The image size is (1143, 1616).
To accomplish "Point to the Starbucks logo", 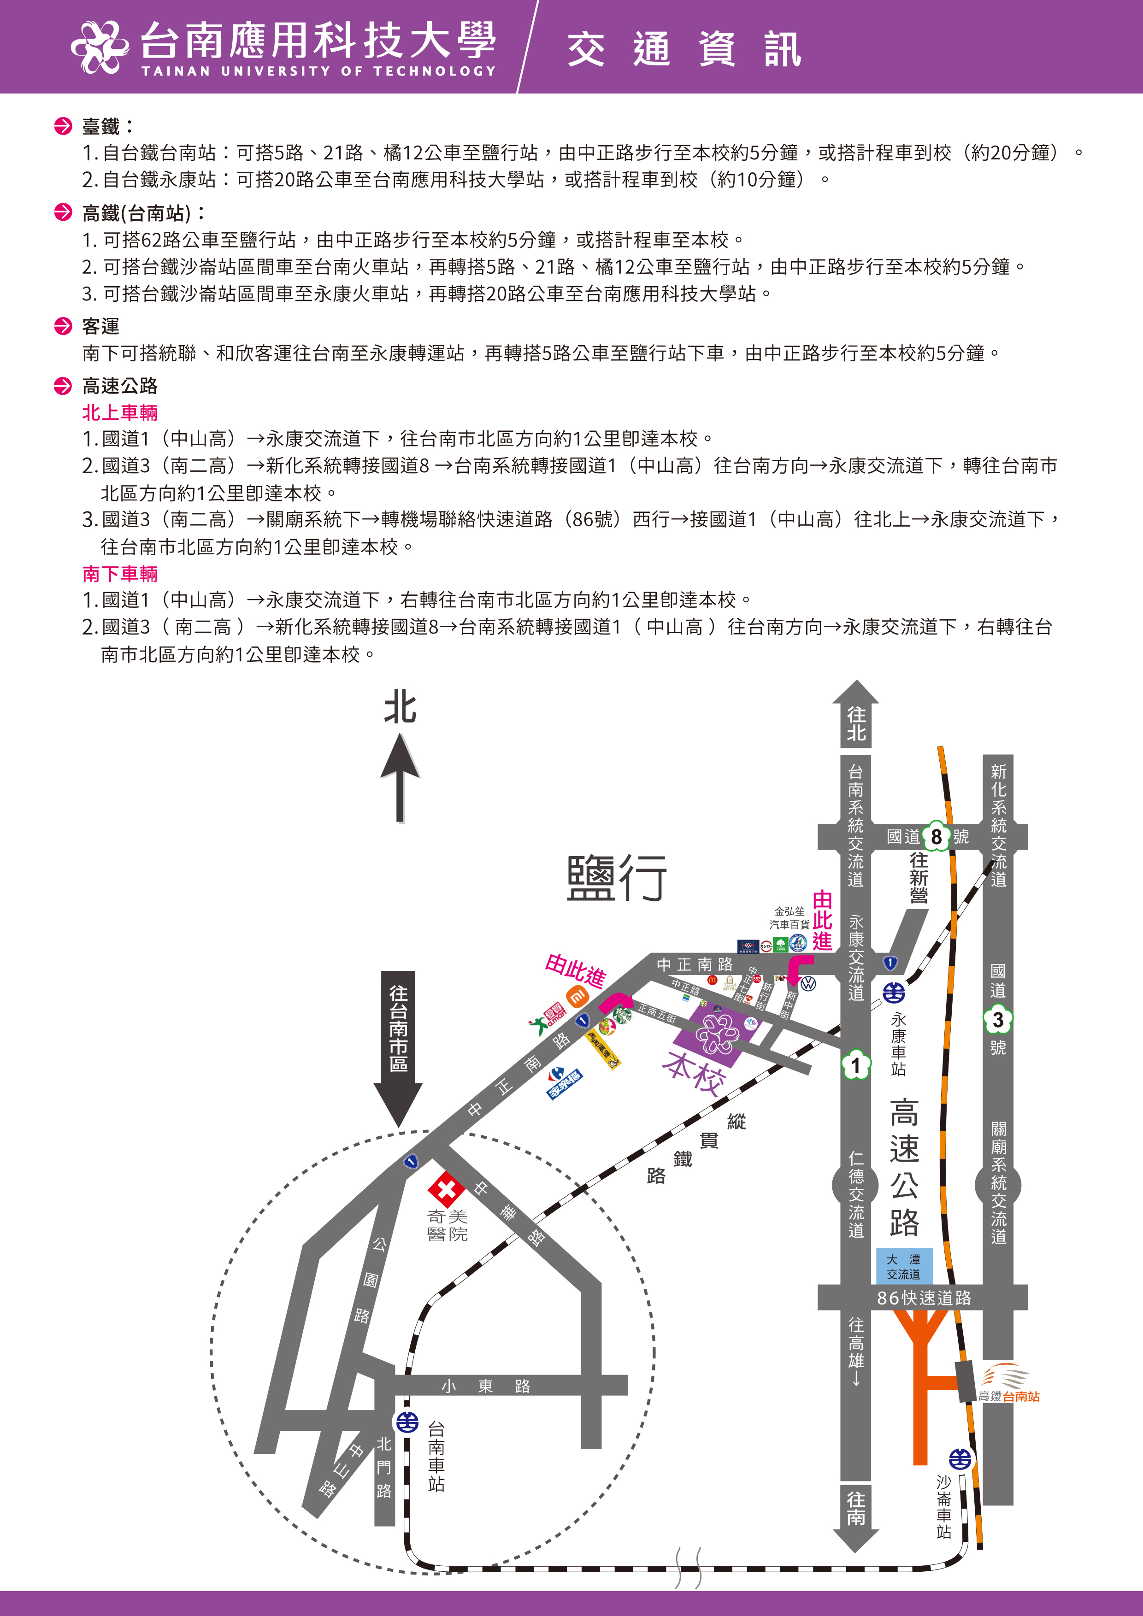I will pos(622,1014).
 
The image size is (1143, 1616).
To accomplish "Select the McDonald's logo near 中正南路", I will pos(712,979).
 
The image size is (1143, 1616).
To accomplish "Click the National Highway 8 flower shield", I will pos(936,836).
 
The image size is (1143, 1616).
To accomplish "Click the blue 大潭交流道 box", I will pos(904,1266).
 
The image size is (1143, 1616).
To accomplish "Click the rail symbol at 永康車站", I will pos(894,993).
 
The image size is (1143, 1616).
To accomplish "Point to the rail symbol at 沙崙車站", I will pos(960,1458).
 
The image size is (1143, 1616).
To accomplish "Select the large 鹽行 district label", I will pos(617,878).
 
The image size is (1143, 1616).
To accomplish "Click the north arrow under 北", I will pos(400,778).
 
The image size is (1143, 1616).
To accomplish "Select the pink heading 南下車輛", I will pos(120,574).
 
